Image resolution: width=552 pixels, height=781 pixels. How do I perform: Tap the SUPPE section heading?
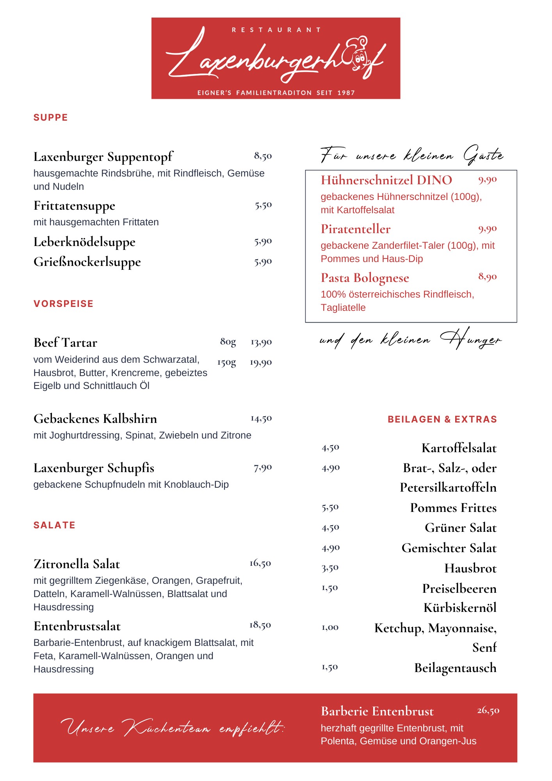tap(50, 118)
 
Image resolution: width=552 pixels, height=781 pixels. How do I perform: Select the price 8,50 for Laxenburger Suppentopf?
tap(263, 156)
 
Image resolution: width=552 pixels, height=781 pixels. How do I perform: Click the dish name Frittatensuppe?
tap(74, 205)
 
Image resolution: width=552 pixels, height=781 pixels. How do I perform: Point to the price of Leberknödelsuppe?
tap(263, 242)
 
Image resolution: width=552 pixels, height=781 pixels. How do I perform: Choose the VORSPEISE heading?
tap(63, 304)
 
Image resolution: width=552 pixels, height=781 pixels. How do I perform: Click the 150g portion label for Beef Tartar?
tap(227, 363)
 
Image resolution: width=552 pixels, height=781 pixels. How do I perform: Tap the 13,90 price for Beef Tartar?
tap(261, 342)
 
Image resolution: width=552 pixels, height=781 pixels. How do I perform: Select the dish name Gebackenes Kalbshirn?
tap(95, 419)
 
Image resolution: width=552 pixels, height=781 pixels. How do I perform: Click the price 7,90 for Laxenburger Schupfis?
tap(263, 467)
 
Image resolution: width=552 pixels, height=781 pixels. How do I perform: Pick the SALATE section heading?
tap(54, 525)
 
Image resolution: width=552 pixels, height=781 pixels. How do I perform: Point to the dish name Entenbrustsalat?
tap(77, 626)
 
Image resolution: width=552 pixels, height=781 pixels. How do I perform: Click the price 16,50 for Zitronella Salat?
tap(260, 563)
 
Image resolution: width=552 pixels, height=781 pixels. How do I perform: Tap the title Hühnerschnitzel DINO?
tap(386, 180)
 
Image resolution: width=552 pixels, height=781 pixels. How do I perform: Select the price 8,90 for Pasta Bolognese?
tap(488, 277)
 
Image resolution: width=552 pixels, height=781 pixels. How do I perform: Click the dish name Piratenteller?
tap(355, 229)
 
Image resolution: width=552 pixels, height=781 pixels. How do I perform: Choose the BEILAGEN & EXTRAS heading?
tap(442, 419)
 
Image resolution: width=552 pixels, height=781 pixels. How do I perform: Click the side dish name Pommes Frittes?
tap(453, 508)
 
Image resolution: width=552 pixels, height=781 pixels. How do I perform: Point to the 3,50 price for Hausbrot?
tap(330, 568)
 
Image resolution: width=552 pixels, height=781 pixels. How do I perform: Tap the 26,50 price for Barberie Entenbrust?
tap(488, 710)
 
